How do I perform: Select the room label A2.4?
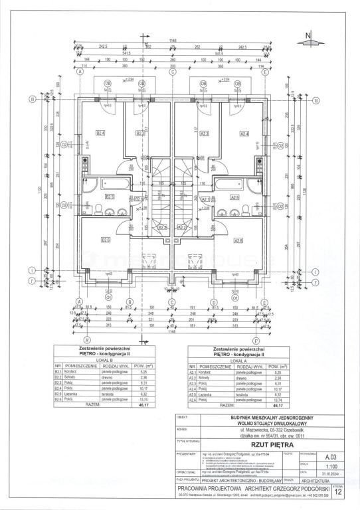[244, 133]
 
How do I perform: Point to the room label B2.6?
[106, 240]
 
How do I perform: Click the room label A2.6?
[238, 240]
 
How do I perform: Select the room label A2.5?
[234, 197]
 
